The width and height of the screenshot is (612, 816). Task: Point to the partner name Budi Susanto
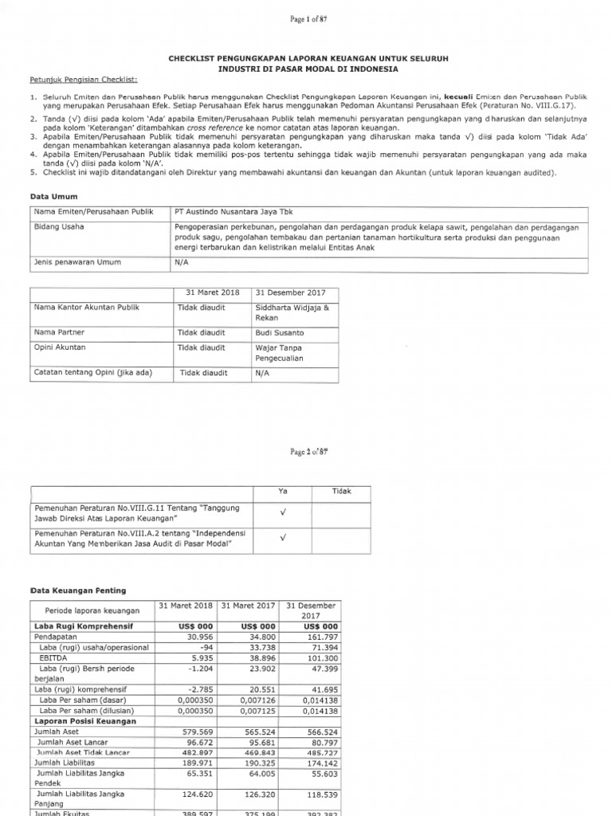pos(279,332)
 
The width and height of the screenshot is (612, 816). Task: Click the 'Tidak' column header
pos(340,492)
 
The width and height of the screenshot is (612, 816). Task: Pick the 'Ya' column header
pos(281,492)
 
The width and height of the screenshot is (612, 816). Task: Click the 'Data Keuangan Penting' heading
pos(77,590)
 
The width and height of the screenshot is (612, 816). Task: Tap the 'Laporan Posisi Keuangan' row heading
pos(84,721)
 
